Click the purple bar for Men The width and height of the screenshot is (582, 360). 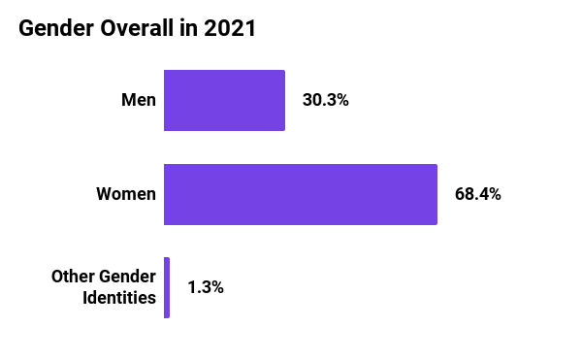pyautogui.click(x=224, y=100)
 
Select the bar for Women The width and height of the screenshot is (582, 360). pyautogui.click(x=301, y=194)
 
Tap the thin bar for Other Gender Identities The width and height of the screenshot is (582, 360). pyautogui.click(x=167, y=287)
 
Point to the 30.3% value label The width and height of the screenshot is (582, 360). pyautogui.click(x=325, y=100)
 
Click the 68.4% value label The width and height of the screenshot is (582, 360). pyautogui.click(x=477, y=194)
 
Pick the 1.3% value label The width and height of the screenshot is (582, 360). pyautogui.click(x=206, y=287)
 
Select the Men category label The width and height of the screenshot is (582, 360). pyautogui.click(x=138, y=100)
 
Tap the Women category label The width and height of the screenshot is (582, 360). pyautogui.click(x=126, y=194)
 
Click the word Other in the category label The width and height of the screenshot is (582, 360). pyautogui.click(x=72, y=278)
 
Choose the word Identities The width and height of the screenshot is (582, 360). pyautogui.click(x=117, y=298)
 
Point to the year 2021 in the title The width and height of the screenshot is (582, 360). pyautogui.click(x=230, y=29)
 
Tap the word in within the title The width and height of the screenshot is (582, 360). pyautogui.click(x=189, y=29)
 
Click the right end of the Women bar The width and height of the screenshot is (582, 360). pyautogui.click(x=436, y=194)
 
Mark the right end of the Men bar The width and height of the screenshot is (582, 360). pyautogui.click(x=283, y=100)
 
